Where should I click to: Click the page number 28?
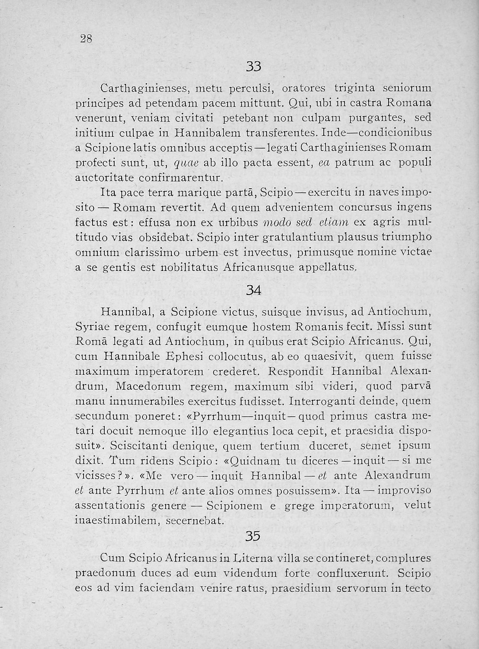(87, 39)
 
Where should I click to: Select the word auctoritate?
(106, 177)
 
